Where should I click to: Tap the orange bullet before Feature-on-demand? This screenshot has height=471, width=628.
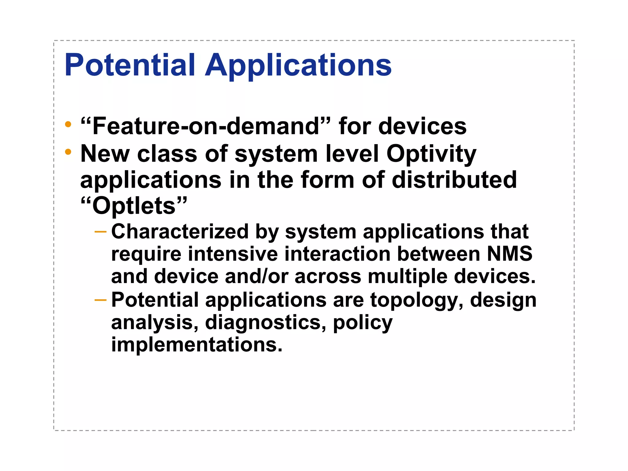[68, 124]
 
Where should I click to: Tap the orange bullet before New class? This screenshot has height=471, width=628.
[68, 152]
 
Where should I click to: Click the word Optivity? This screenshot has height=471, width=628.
[431, 154]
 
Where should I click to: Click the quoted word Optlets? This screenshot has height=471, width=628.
[134, 206]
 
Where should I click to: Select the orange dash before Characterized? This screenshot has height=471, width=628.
[100, 232]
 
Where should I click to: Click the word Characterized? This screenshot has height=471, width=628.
[180, 232]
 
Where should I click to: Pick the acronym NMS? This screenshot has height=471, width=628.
[509, 254]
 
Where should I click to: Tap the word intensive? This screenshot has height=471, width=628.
[233, 254]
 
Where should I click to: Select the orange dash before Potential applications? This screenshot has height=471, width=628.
[100, 300]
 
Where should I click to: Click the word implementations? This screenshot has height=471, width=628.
[196, 345]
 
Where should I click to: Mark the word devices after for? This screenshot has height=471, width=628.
[422, 126]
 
